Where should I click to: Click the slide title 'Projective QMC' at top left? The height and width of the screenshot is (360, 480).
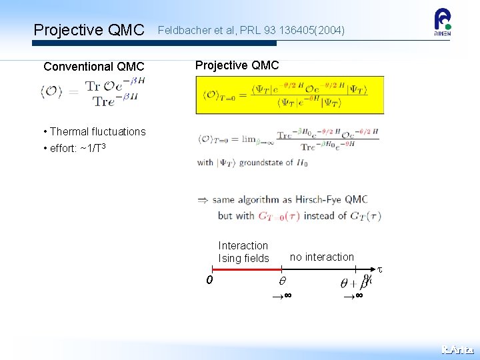point(89,30)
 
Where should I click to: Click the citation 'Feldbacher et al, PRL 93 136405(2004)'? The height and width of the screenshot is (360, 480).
point(251,30)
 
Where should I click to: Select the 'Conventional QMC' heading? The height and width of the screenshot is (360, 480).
point(93,67)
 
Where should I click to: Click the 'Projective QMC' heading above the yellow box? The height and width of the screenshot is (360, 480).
point(237,65)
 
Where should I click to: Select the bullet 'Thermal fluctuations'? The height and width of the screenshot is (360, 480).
point(97,131)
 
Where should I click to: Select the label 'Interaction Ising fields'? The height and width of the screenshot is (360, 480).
point(243,252)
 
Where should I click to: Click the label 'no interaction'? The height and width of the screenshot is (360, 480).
point(322,257)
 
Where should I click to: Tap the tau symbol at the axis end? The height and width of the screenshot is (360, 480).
point(380,270)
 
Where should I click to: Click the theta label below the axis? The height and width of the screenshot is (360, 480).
point(281,282)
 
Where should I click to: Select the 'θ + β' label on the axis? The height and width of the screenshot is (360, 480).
point(353,282)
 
